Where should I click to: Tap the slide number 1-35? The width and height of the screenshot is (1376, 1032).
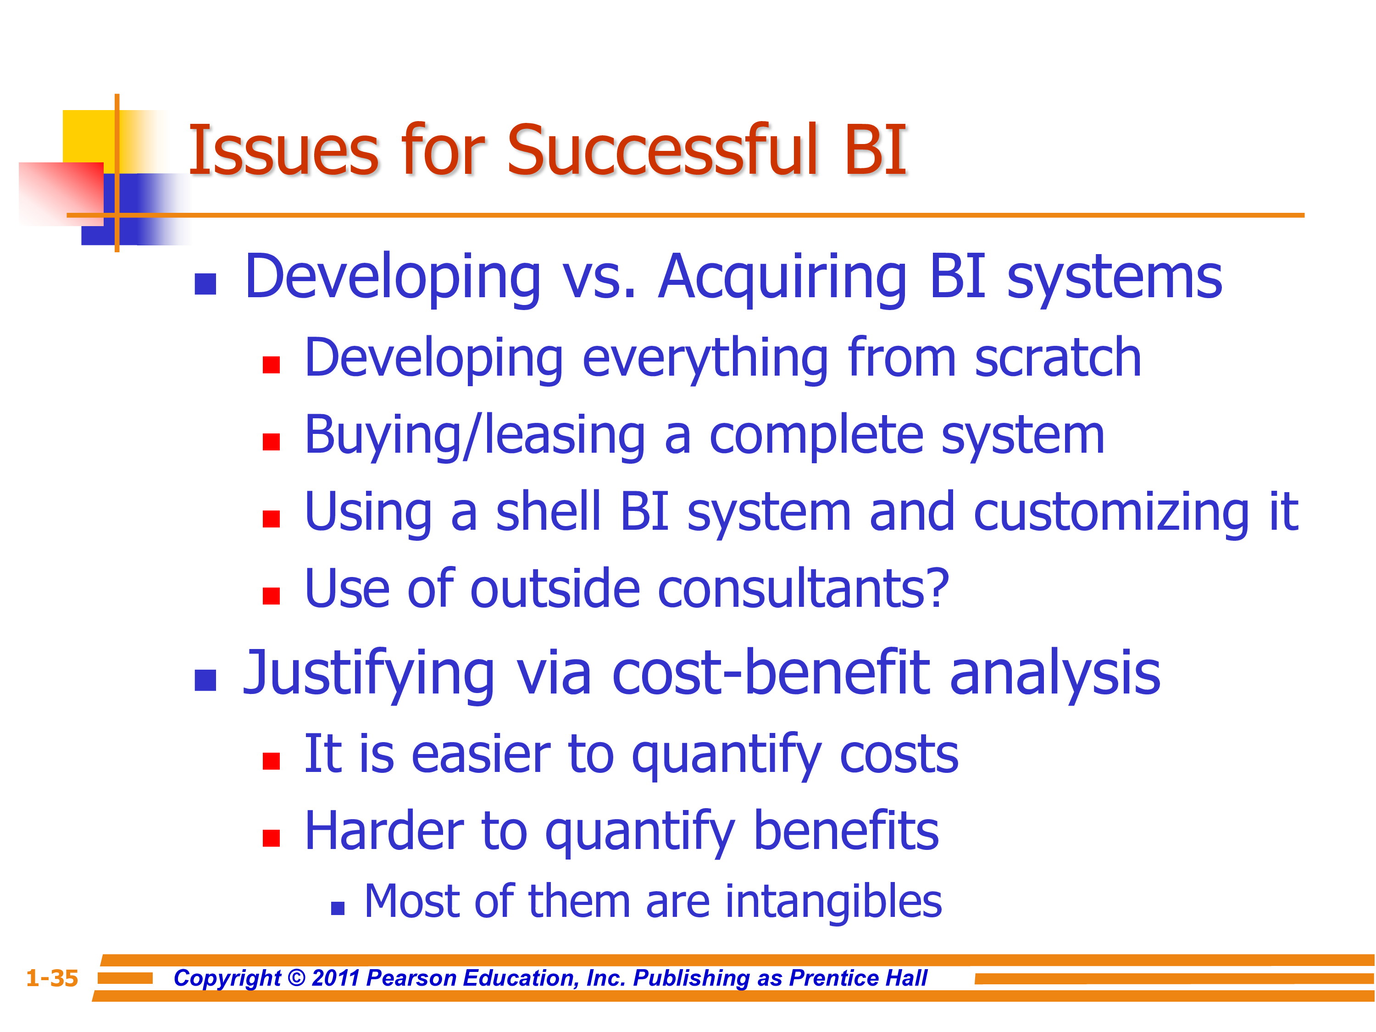(x=52, y=978)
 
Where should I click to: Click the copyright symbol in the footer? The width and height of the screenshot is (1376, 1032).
(x=297, y=978)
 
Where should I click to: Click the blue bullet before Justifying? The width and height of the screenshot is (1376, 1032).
(x=205, y=681)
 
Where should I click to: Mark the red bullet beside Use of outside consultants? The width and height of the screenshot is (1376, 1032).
(x=271, y=596)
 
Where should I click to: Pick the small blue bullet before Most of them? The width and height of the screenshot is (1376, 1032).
(x=338, y=909)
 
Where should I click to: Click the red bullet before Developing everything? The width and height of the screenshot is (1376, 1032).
(x=271, y=365)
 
